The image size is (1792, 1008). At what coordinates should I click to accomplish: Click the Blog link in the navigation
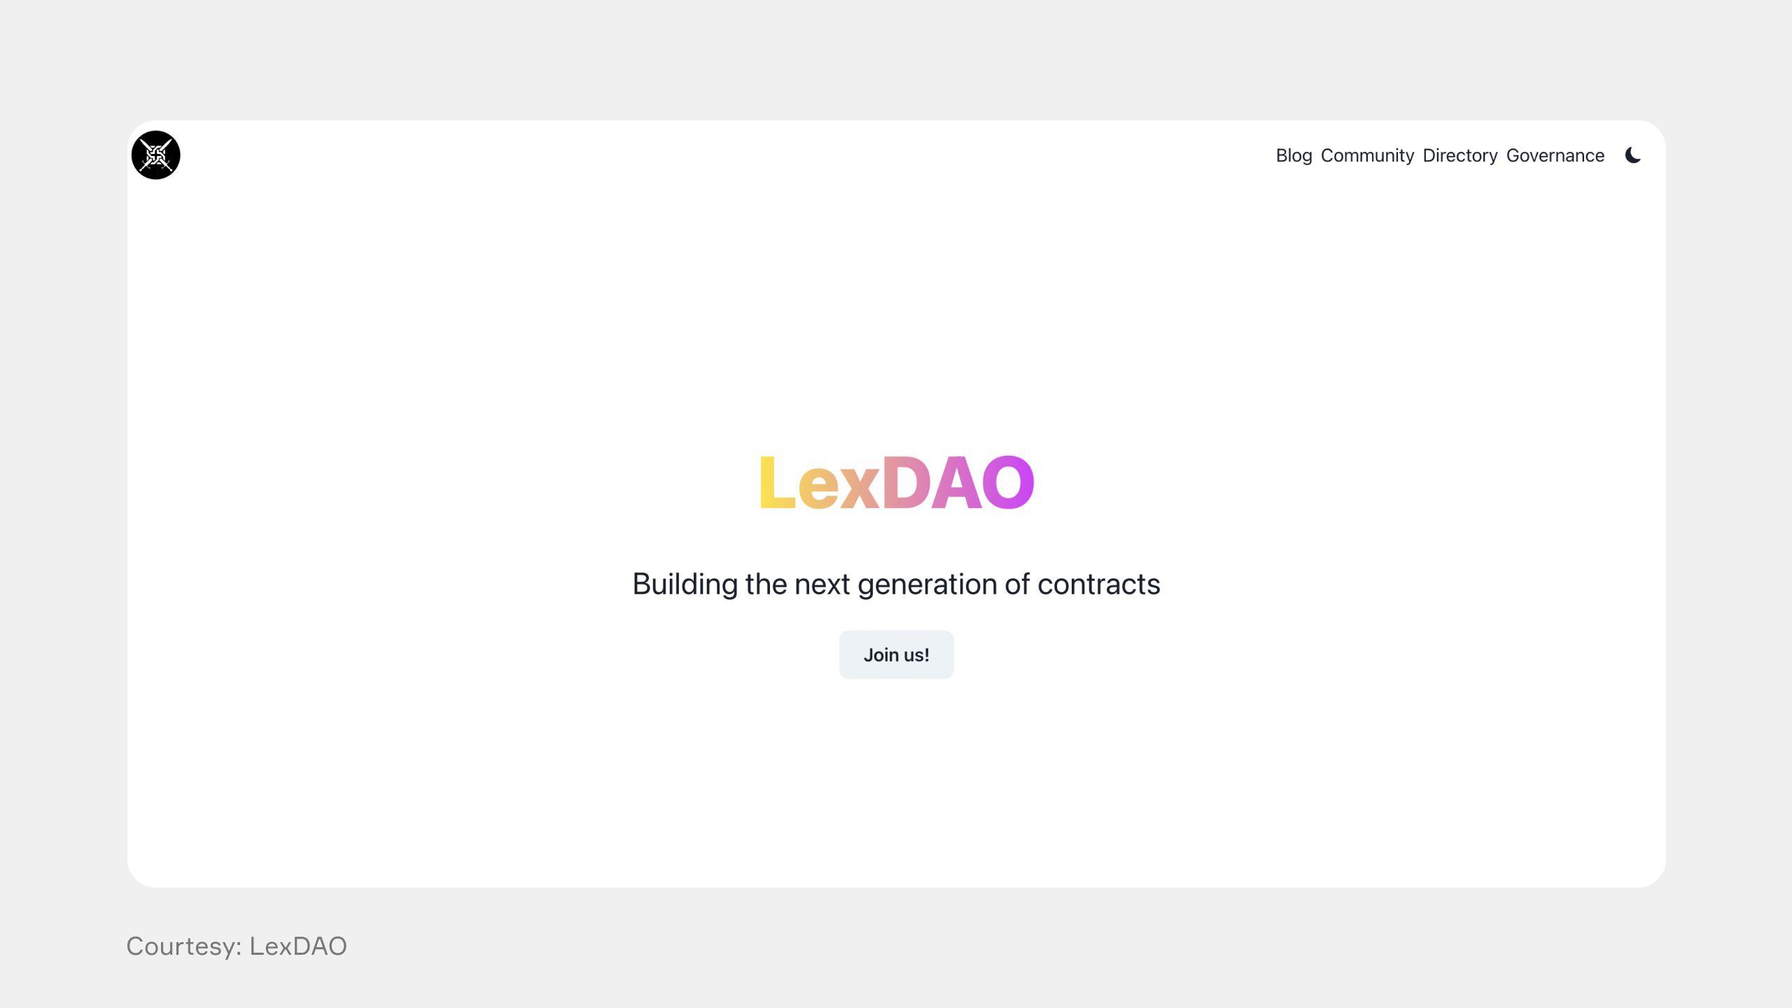pyautogui.click(x=1294, y=155)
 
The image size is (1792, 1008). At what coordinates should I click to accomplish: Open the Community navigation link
pyautogui.click(x=1367, y=156)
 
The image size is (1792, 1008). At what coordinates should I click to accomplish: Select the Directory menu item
pyautogui.click(x=1460, y=156)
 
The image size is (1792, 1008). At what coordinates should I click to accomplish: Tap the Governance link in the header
pyautogui.click(x=1555, y=155)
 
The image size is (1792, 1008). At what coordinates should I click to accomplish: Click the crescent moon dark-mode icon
pyautogui.click(x=1632, y=155)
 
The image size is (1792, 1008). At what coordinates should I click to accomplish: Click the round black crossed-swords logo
pyautogui.click(x=156, y=155)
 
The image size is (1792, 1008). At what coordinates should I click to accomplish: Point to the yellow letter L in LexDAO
pyautogui.click(x=777, y=482)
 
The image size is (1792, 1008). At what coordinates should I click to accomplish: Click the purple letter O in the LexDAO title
pyautogui.click(x=1008, y=482)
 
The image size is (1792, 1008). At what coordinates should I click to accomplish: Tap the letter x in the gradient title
pyautogui.click(x=860, y=489)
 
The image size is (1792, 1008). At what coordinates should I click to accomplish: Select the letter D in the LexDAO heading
pyautogui.click(x=906, y=482)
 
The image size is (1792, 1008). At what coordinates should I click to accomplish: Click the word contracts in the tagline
pyautogui.click(x=1099, y=584)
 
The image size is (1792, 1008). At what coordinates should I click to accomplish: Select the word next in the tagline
pyautogui.click(x=822, y=584)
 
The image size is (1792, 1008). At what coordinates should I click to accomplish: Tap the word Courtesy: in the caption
pyautogui.click(x=184, y=946)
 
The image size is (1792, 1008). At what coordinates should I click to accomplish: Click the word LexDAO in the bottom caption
pyautogui.click(x=298, y=946)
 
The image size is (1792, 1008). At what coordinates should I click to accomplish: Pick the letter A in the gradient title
pyautogui.click(x=957, y=482)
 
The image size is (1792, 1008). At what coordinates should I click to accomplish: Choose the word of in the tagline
pyautogui.click(x=1017, y=584)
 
